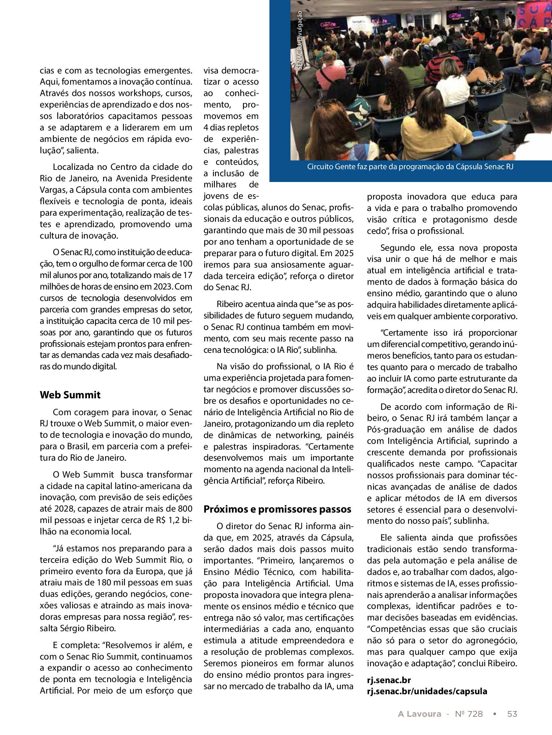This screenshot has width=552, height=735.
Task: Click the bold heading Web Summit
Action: pos(70,395)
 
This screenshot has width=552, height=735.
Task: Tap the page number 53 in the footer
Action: pos(512,714)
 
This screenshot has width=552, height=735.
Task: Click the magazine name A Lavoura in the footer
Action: pos(419,714)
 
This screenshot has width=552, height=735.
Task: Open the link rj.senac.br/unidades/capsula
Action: pos(427,691)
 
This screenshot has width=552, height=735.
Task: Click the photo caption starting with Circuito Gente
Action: pos(410,167)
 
